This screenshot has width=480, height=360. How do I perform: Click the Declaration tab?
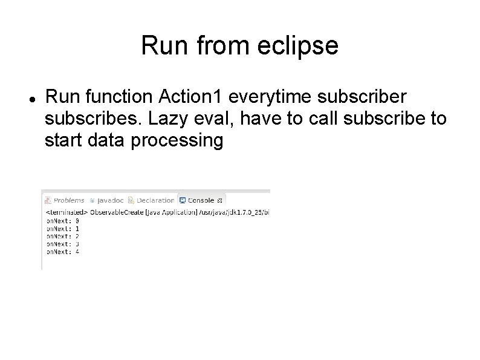(155, 200)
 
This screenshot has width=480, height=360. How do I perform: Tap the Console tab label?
(200, 200)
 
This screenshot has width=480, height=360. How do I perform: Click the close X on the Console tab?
(219, 200)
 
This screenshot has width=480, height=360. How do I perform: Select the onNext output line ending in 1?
(63, 229)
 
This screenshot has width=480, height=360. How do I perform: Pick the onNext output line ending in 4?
(63, 252)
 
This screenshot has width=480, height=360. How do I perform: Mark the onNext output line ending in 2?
(63, 237)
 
